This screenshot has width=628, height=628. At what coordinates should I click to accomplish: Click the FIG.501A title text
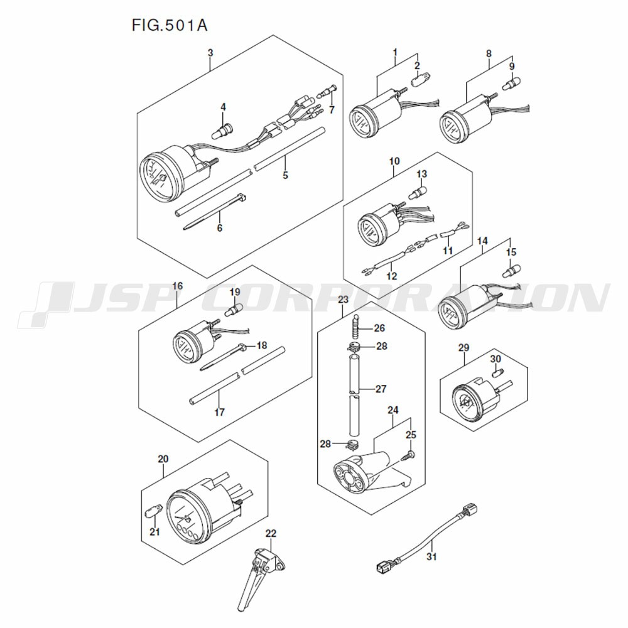click(170, 25)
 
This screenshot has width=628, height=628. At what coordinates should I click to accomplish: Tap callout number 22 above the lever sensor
click(271, 533)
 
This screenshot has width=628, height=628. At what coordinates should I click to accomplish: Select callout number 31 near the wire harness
click(431, 556)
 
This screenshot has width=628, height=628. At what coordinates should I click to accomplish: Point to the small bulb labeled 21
click(152, 512)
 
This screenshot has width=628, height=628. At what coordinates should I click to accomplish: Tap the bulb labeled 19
click(234, 310)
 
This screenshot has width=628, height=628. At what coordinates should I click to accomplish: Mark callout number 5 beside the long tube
click(285, 175)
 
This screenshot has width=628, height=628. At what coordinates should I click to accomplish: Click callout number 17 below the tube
click(219, 412)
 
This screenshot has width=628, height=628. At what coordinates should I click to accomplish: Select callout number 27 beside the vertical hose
click(381, 389)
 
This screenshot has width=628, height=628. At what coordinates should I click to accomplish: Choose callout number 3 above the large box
click(210, 53)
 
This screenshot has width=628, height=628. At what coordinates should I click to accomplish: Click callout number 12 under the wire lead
click(392, 276)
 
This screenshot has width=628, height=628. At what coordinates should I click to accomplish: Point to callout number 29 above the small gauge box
click(463, 347)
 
